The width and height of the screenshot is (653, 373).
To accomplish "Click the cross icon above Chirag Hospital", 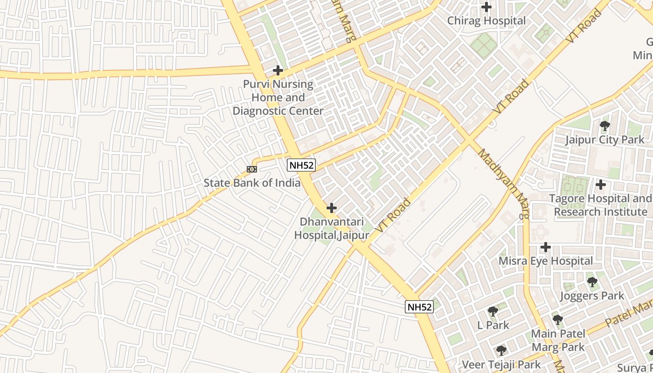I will (x=486, y=7).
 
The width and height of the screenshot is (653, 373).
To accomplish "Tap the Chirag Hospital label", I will (x=486, y=21).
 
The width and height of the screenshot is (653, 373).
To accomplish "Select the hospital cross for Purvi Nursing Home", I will (x=278, y=70).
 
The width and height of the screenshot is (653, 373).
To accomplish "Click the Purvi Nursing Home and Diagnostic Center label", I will (x=278, y=97).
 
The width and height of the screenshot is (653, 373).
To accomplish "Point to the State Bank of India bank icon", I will (x=252, y=169).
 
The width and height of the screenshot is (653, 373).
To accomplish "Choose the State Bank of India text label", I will (x=252, y=183).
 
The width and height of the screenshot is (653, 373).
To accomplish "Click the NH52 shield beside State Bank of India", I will (x=301, y=165).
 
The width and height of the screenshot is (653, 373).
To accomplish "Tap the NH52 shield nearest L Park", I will (x=419, y=306).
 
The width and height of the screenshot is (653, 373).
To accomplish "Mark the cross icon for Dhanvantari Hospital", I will (x=332, y=207).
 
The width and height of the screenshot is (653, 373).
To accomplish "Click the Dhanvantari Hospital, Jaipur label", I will (x=332, y=228).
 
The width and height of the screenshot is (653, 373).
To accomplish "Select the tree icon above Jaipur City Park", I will (x=605, y=125).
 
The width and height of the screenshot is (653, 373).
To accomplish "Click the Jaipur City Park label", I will (x=605, y=139).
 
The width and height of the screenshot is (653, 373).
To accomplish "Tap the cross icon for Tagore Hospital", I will (x=601, y=185).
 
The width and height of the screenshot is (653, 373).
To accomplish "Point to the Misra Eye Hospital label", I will (x=546, y=261).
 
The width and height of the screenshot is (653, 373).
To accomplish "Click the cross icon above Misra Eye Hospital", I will (x=546, y=247).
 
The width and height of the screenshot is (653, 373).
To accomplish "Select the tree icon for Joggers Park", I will (x=592, y=282).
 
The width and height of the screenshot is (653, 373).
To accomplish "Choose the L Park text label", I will (x=493, y=325).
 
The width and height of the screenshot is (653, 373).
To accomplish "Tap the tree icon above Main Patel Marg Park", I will (x=558, y=320).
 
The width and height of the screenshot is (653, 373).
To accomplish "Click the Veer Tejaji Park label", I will (x=501, y=364).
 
